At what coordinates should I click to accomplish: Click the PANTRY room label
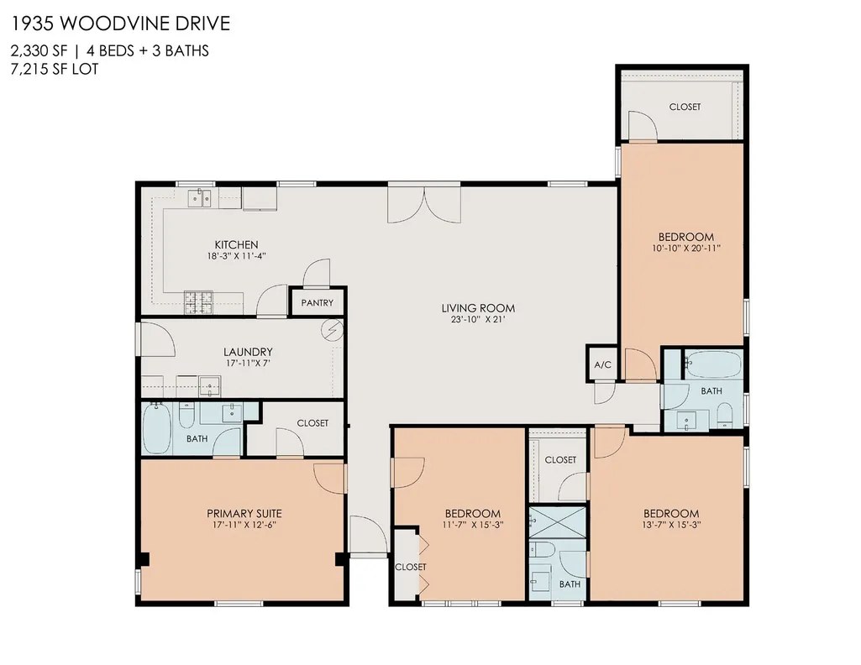click(x=317, y=303)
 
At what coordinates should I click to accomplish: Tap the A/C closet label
click(x=602, y=365)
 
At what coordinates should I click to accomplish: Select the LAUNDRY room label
click(x=248, y=353)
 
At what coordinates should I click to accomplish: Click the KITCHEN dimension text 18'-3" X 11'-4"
click(x=237, y=256)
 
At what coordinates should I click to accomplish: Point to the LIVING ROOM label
click(x=478, y=308)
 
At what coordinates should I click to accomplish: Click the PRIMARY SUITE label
click(x=244, y=514)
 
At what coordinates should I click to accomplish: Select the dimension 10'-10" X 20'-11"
click(x=685, y=248)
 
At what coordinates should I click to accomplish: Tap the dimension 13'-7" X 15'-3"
click(x=671, y=525)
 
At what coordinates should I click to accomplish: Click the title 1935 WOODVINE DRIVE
click(x=120, y=24)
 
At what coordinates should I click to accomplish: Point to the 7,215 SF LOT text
click(x=55, y=69)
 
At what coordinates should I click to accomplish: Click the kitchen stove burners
click(x=198, y=302)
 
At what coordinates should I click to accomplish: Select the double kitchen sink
click(x=199, y=197)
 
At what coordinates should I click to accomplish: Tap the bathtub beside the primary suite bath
click(x=157, y=429)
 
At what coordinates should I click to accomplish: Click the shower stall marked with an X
click(x=558, y=522)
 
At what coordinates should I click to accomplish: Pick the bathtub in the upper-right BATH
click(x=713, y=365)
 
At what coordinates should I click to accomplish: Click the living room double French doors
click(x=424, y=203)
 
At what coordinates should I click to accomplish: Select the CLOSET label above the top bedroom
click(x=685, y=107)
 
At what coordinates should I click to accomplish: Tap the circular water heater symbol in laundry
click(x=332, y=331)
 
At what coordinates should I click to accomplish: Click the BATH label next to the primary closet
click(x=197, y=439)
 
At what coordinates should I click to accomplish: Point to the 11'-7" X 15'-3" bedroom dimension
click(x=473, y=525)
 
